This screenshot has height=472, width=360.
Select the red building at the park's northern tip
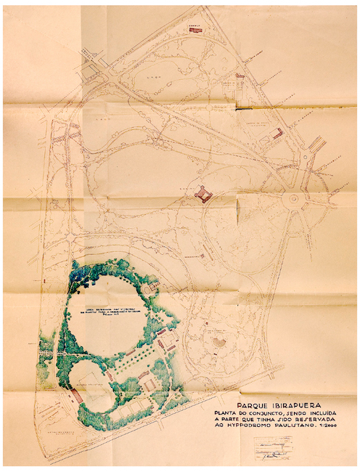195,30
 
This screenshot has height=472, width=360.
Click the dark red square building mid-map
202,193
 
